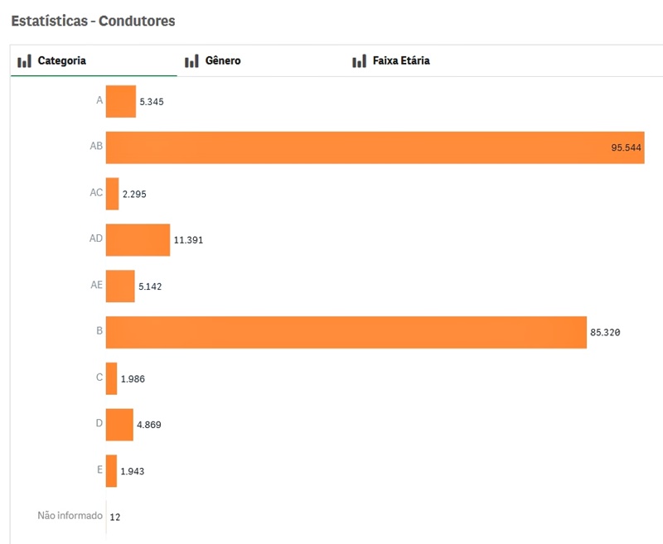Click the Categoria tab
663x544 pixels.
(x=61, y=60)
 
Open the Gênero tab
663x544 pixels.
(x=222, y=60)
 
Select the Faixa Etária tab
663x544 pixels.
(x=401, y=60)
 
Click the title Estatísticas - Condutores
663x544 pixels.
(x=93, y=21)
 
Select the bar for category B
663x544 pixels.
(x=346, y=332)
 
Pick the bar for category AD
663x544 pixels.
(x=138, y=239)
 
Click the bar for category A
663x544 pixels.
(x=120, y=101)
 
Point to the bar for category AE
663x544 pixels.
(x=120, y=286)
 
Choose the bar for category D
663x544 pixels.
(x=119, y=424)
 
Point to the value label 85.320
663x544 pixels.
(x=605, y=333)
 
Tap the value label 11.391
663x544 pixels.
(x=188, y=240)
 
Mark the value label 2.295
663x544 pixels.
(x=134, y=194)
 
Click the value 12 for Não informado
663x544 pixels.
(x=115, y=517)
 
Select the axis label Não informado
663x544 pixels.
(x=70, y=516)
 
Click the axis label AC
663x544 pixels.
(x=96, y=193)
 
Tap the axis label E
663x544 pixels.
(x=99, y=469)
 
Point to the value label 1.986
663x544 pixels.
(x=133, y=378)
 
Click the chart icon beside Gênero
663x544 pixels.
(x=191, y=60)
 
